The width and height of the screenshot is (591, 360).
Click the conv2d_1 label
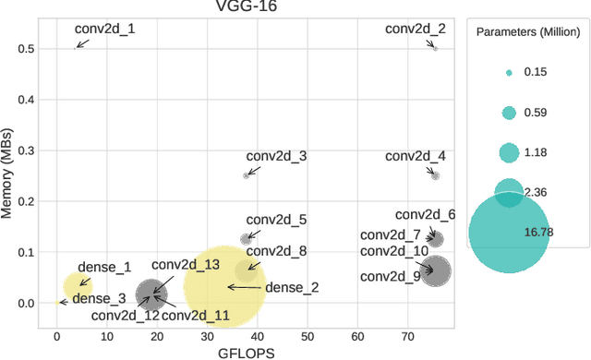(104, 29)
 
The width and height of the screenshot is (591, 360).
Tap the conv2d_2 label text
(416, 29)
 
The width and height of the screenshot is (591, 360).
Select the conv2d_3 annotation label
(276, 156)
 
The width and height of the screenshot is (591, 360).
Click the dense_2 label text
(292, 287)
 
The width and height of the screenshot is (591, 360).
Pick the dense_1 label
(104, 268)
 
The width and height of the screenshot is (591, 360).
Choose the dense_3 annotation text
(99, 298)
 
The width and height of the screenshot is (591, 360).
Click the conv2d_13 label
(186, 265)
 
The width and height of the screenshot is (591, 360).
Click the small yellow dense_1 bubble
(78, 285)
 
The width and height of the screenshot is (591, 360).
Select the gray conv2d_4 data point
(436, 175)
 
